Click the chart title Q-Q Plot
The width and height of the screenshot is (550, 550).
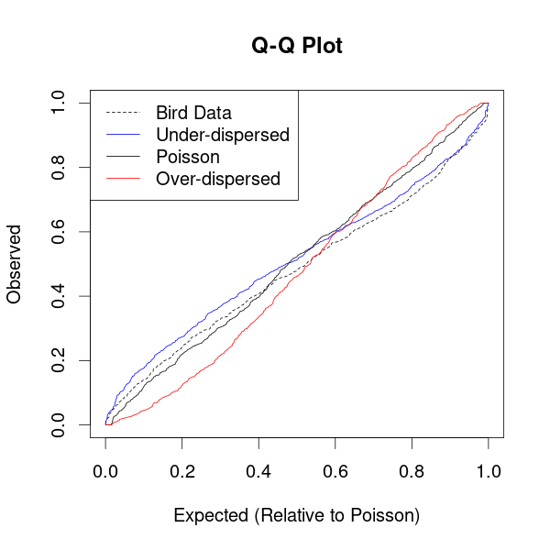[x=297, y=46]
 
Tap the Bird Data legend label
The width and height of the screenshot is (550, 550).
[x=193, y=113]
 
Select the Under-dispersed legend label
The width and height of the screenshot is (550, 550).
[x=223, y=135]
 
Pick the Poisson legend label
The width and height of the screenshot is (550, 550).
[x=188, y=157]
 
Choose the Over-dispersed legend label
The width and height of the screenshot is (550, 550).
[x=218, y=179]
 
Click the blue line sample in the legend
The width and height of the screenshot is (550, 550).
[x=123, y=135]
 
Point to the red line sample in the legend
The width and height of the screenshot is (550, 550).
[x=123, y=179]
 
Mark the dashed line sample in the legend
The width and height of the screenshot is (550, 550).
[x=123, y=113]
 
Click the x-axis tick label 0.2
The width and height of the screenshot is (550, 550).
[x=182, y=471]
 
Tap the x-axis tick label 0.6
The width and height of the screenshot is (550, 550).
[x=335, y=471]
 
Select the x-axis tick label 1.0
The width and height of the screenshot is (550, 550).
[x=489, y=471]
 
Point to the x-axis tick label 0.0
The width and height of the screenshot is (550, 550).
[x=105, y=471]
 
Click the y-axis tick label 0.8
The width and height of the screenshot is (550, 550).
[x=59, y=168]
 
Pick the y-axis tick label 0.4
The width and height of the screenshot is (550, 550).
[x=59, y=296]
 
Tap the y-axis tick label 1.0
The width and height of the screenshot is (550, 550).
[x=59, y=103]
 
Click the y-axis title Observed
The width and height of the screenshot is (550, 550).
[x=14, y=264]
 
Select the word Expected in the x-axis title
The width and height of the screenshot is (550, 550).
[x=211, y=515]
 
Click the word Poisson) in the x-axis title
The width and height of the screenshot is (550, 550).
[x=385, y=515]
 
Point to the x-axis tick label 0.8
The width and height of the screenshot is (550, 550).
[x=412, y=471]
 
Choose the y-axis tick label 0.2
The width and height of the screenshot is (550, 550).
[x=59, y=360]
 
